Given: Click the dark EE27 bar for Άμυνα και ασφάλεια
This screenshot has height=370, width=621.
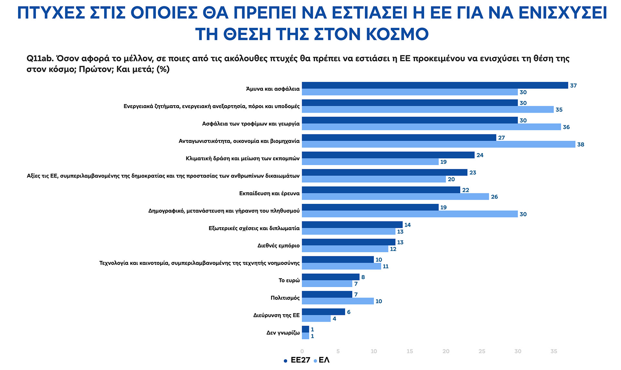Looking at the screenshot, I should [435, 85].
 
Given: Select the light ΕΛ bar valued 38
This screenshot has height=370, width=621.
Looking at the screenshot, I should [438, 144].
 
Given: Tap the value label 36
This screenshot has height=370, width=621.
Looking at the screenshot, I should [566, 127].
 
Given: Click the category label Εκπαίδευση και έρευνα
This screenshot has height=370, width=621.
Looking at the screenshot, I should [269, 194].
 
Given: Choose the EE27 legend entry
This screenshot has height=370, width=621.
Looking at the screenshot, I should [297, 360].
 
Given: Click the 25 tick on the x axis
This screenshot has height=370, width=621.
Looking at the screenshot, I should [482, 352].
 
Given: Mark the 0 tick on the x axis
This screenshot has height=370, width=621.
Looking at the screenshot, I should [302, 352].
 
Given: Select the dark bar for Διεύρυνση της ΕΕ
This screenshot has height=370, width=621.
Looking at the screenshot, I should [323, 312].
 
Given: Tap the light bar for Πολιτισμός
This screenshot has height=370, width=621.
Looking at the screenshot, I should [338, 301].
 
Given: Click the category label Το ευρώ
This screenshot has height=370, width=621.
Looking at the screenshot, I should [289, 280].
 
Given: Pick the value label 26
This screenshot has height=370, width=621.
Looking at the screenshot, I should [494, 197].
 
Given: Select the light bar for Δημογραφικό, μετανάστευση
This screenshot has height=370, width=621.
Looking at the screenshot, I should [409, 214].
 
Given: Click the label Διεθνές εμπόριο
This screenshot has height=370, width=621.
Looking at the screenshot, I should [278, 246].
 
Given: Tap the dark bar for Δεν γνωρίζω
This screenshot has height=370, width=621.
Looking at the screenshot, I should [305, 329].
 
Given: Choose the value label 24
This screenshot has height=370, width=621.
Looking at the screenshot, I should [480, 155].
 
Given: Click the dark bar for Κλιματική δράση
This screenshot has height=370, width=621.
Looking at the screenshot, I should [388, 155].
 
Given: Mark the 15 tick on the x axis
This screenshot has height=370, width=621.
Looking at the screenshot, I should [409, 352].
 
